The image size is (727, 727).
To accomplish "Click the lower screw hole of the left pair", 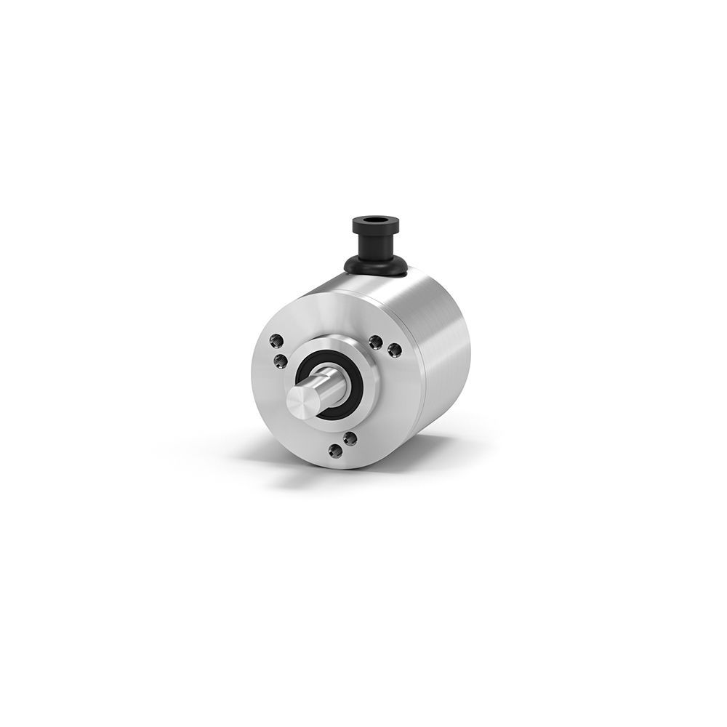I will (x=280, y=360).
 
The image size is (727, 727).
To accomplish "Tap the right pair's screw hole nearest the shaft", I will (x=375, y=341).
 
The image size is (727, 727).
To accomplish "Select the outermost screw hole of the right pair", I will (x=395, y=350).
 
